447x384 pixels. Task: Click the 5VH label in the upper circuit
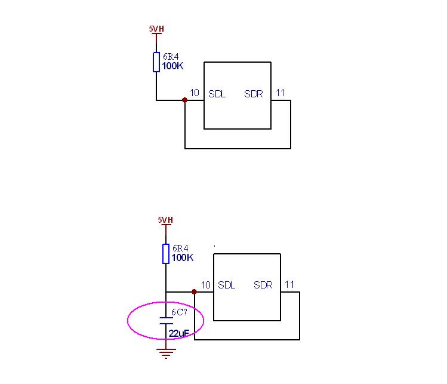pos(156,28)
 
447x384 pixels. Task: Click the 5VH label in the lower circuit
pos(165,220)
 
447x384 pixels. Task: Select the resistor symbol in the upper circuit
pos(156,62)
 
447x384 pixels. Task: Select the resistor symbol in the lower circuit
pos(165,253)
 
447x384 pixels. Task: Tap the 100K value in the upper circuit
pos(172,66)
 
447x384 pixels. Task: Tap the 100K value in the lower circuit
pos(182,258)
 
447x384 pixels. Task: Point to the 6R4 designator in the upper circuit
pos(171,57)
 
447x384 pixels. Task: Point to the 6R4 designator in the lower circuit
pos(180,248)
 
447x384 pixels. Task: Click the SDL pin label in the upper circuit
pos(217,94)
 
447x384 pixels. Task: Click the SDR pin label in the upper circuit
pos(254,94)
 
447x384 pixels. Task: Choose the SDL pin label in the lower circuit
pos(227,285)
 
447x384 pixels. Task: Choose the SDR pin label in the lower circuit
pos(263,285)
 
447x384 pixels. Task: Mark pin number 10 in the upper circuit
pos(195,93)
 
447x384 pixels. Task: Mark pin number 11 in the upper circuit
pos(280,93)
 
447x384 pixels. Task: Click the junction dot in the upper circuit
pos(185,100)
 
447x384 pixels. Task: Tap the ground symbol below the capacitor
pos(165,353)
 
